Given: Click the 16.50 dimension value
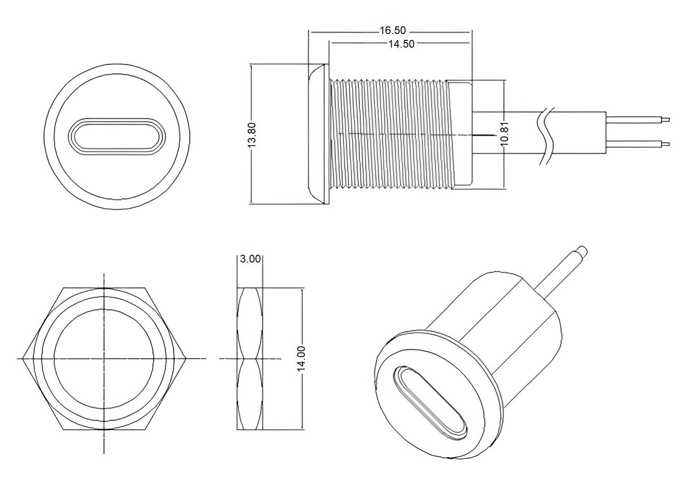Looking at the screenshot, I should coord(393,31).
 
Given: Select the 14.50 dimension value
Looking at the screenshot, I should coord(401,44).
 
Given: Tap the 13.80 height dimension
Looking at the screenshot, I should coord(252,134).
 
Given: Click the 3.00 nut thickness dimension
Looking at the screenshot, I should coord(250,259).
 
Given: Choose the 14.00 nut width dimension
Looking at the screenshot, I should coord(302,359).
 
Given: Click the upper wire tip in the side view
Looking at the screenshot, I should coord(666,120).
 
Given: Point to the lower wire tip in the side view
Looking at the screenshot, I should coord(666,144).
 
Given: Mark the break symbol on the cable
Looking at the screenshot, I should coord(546,135).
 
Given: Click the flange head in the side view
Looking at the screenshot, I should coord(318,134).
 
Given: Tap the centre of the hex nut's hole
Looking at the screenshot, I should coord(104,359).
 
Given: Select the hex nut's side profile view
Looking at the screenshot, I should coord(250,359).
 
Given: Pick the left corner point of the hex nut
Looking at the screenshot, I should coord(23,359).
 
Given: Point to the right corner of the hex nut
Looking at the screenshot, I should coord(186,359).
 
